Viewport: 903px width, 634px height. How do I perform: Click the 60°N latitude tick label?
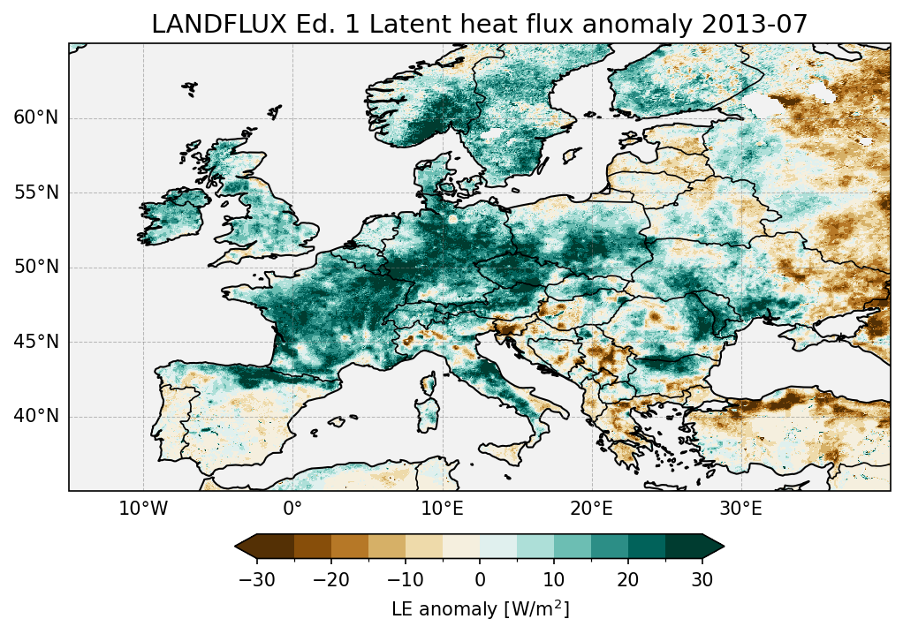coord(36,118)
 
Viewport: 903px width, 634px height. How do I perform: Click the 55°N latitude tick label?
coord(36,192)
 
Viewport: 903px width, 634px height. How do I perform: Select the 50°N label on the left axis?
coord(36,267)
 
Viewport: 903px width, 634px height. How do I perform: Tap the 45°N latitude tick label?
coord(36,342)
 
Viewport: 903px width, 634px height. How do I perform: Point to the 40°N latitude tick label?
coord(36,416)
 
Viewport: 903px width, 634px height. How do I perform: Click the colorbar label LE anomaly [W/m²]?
coord(480,609)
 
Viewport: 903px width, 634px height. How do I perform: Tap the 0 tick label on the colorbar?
coord(480,579)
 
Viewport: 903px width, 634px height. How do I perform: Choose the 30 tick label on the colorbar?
coord(702,579)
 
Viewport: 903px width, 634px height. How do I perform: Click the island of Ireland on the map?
coord(172,216)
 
